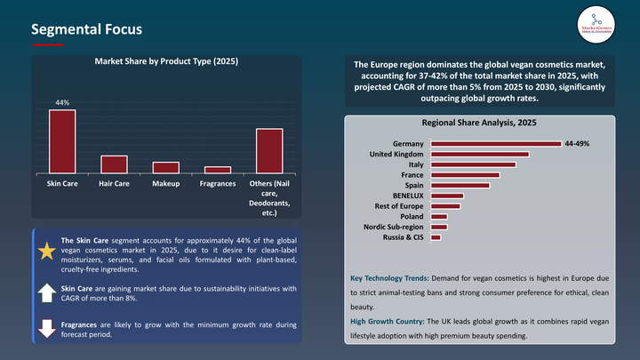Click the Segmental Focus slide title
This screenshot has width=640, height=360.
tap(86, 29)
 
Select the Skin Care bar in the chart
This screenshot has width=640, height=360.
tap(62, 141)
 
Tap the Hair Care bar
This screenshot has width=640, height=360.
tap(114, 164)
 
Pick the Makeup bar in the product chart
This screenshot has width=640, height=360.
tap(165, 168)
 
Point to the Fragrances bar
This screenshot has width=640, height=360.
tap(218, 170)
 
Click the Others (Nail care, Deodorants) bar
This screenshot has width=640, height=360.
tap(269, 151)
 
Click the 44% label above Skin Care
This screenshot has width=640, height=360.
tap(62, 103)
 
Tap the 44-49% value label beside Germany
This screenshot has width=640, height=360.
tap(577, 143)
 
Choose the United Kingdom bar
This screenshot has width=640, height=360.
tap(480, 154)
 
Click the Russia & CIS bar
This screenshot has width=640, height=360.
tap(436, 237)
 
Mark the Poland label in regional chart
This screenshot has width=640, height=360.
tap(412, 216)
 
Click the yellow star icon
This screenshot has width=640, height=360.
tap(46, 251)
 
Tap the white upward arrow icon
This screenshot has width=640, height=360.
tap(46, 292)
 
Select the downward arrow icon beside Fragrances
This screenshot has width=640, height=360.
tap(46, 330)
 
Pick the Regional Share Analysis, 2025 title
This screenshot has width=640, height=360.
tap(480, 122)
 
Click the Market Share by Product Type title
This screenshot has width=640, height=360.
tap(166, 61)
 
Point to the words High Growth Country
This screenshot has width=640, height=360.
tap(387, 320)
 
